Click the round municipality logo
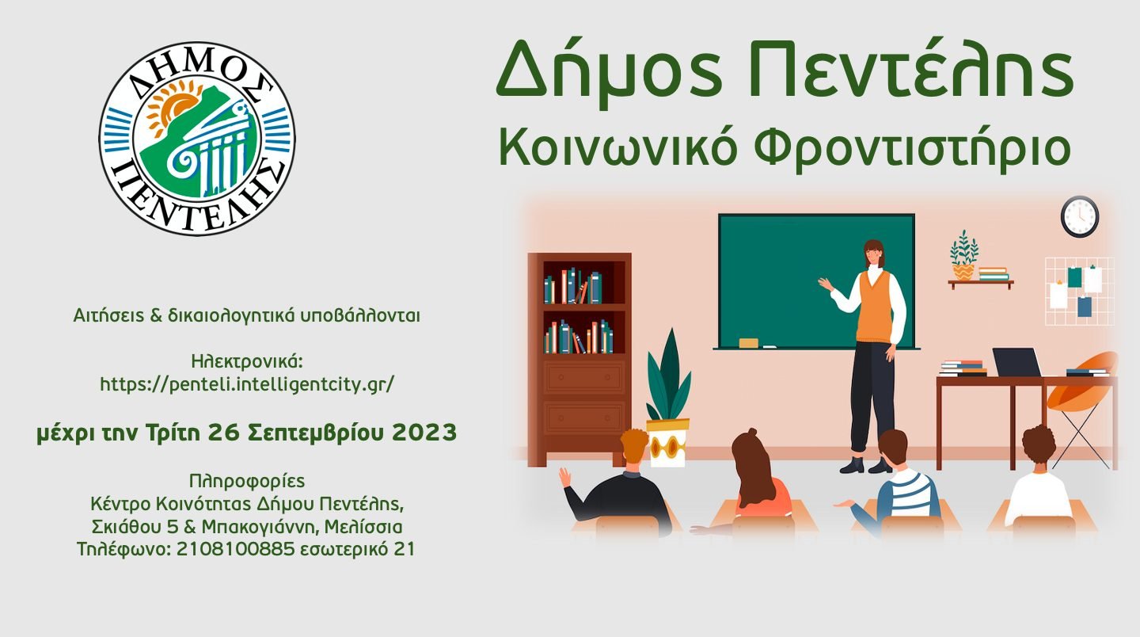197,139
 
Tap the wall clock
1080,217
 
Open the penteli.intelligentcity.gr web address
247,384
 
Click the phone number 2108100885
236,549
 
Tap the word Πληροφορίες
247,481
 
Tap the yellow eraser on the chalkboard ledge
748,343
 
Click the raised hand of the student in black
565,477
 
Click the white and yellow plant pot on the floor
667,442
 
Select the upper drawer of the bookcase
584,377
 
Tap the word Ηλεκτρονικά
247,361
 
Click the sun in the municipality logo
166,109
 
